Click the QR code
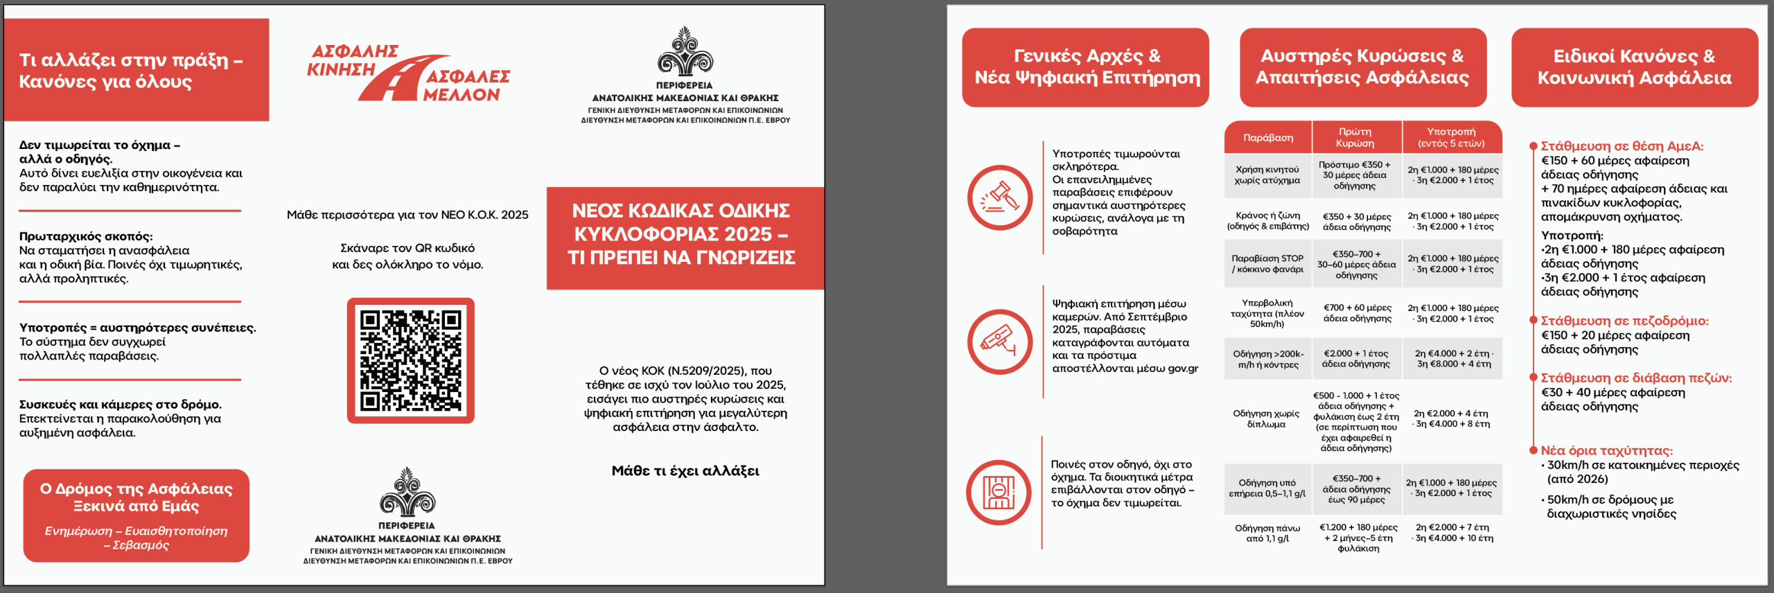click(410, 360)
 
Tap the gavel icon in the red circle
click(999, 198)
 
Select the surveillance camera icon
click(999, 342)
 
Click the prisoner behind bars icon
click(999, 492)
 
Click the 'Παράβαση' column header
click(1267, 138)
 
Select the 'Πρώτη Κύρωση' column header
click(1355, 137)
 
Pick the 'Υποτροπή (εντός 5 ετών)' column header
click(1451, 137)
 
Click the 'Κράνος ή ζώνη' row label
click(1267, 220)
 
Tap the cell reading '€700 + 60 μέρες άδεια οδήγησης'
click(1357, 313)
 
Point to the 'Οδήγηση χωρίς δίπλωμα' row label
click(1266, 418)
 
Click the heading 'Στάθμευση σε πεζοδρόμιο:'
click(1624, 321)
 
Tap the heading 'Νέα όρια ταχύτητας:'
click(1606, 450)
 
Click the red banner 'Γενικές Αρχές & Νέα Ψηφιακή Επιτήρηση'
click(1086, 67)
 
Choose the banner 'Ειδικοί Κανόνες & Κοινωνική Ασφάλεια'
click(1634, 67)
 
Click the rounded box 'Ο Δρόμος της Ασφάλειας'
click(136, 515)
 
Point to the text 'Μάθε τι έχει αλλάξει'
click(685, 471)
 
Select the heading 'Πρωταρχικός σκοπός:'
click(86, 236)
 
